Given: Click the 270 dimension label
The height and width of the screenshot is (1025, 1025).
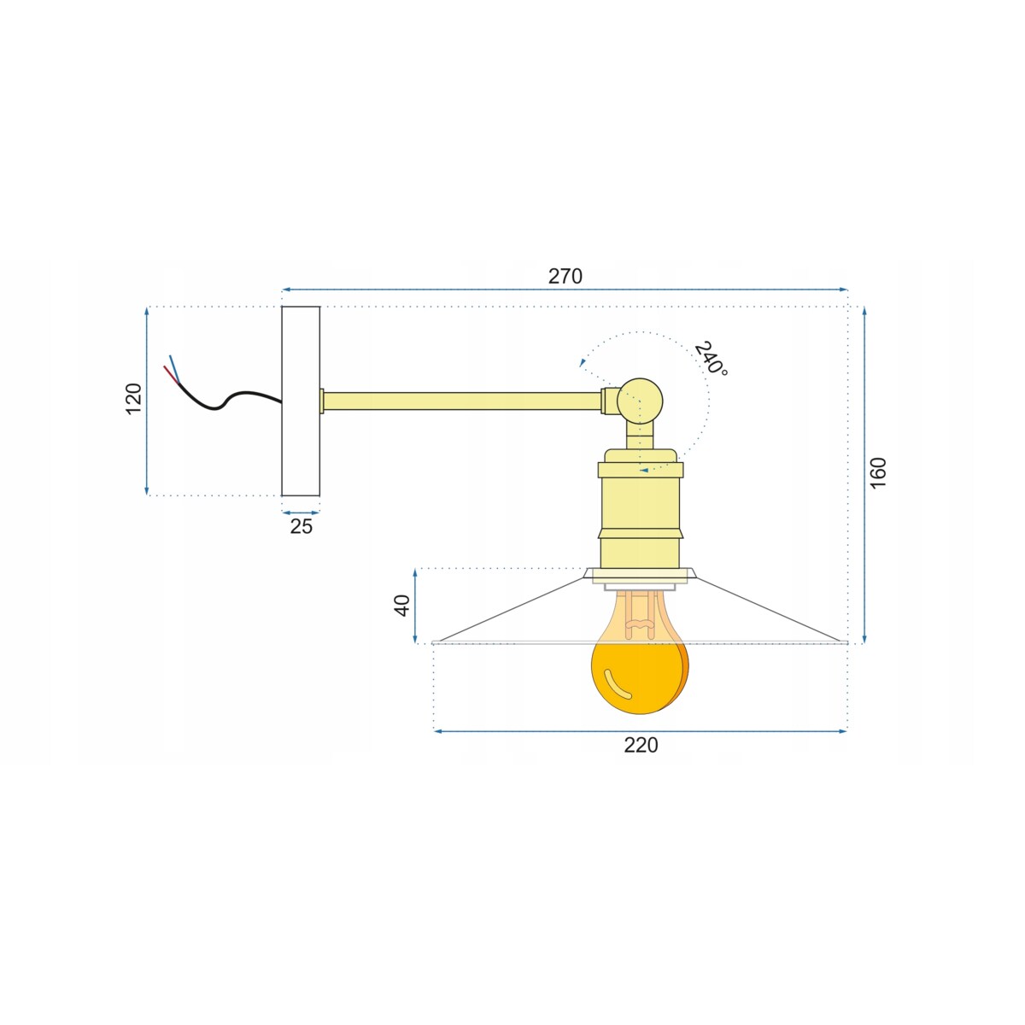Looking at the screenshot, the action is click(x=565, y=276).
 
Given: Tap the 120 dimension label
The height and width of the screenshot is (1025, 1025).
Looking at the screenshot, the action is click(x=133, y=399).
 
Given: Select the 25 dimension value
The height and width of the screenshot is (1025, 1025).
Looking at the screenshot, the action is click(x=301, y=526).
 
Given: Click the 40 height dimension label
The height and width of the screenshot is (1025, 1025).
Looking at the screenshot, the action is click(x=402, y=606).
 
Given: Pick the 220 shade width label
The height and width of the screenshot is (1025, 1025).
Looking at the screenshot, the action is click(x=641, y=745).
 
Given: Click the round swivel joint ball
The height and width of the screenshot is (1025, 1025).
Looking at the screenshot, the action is click(x=641, y=401).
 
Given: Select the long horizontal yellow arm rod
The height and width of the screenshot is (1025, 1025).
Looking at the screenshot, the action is click(x=462, y=401).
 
